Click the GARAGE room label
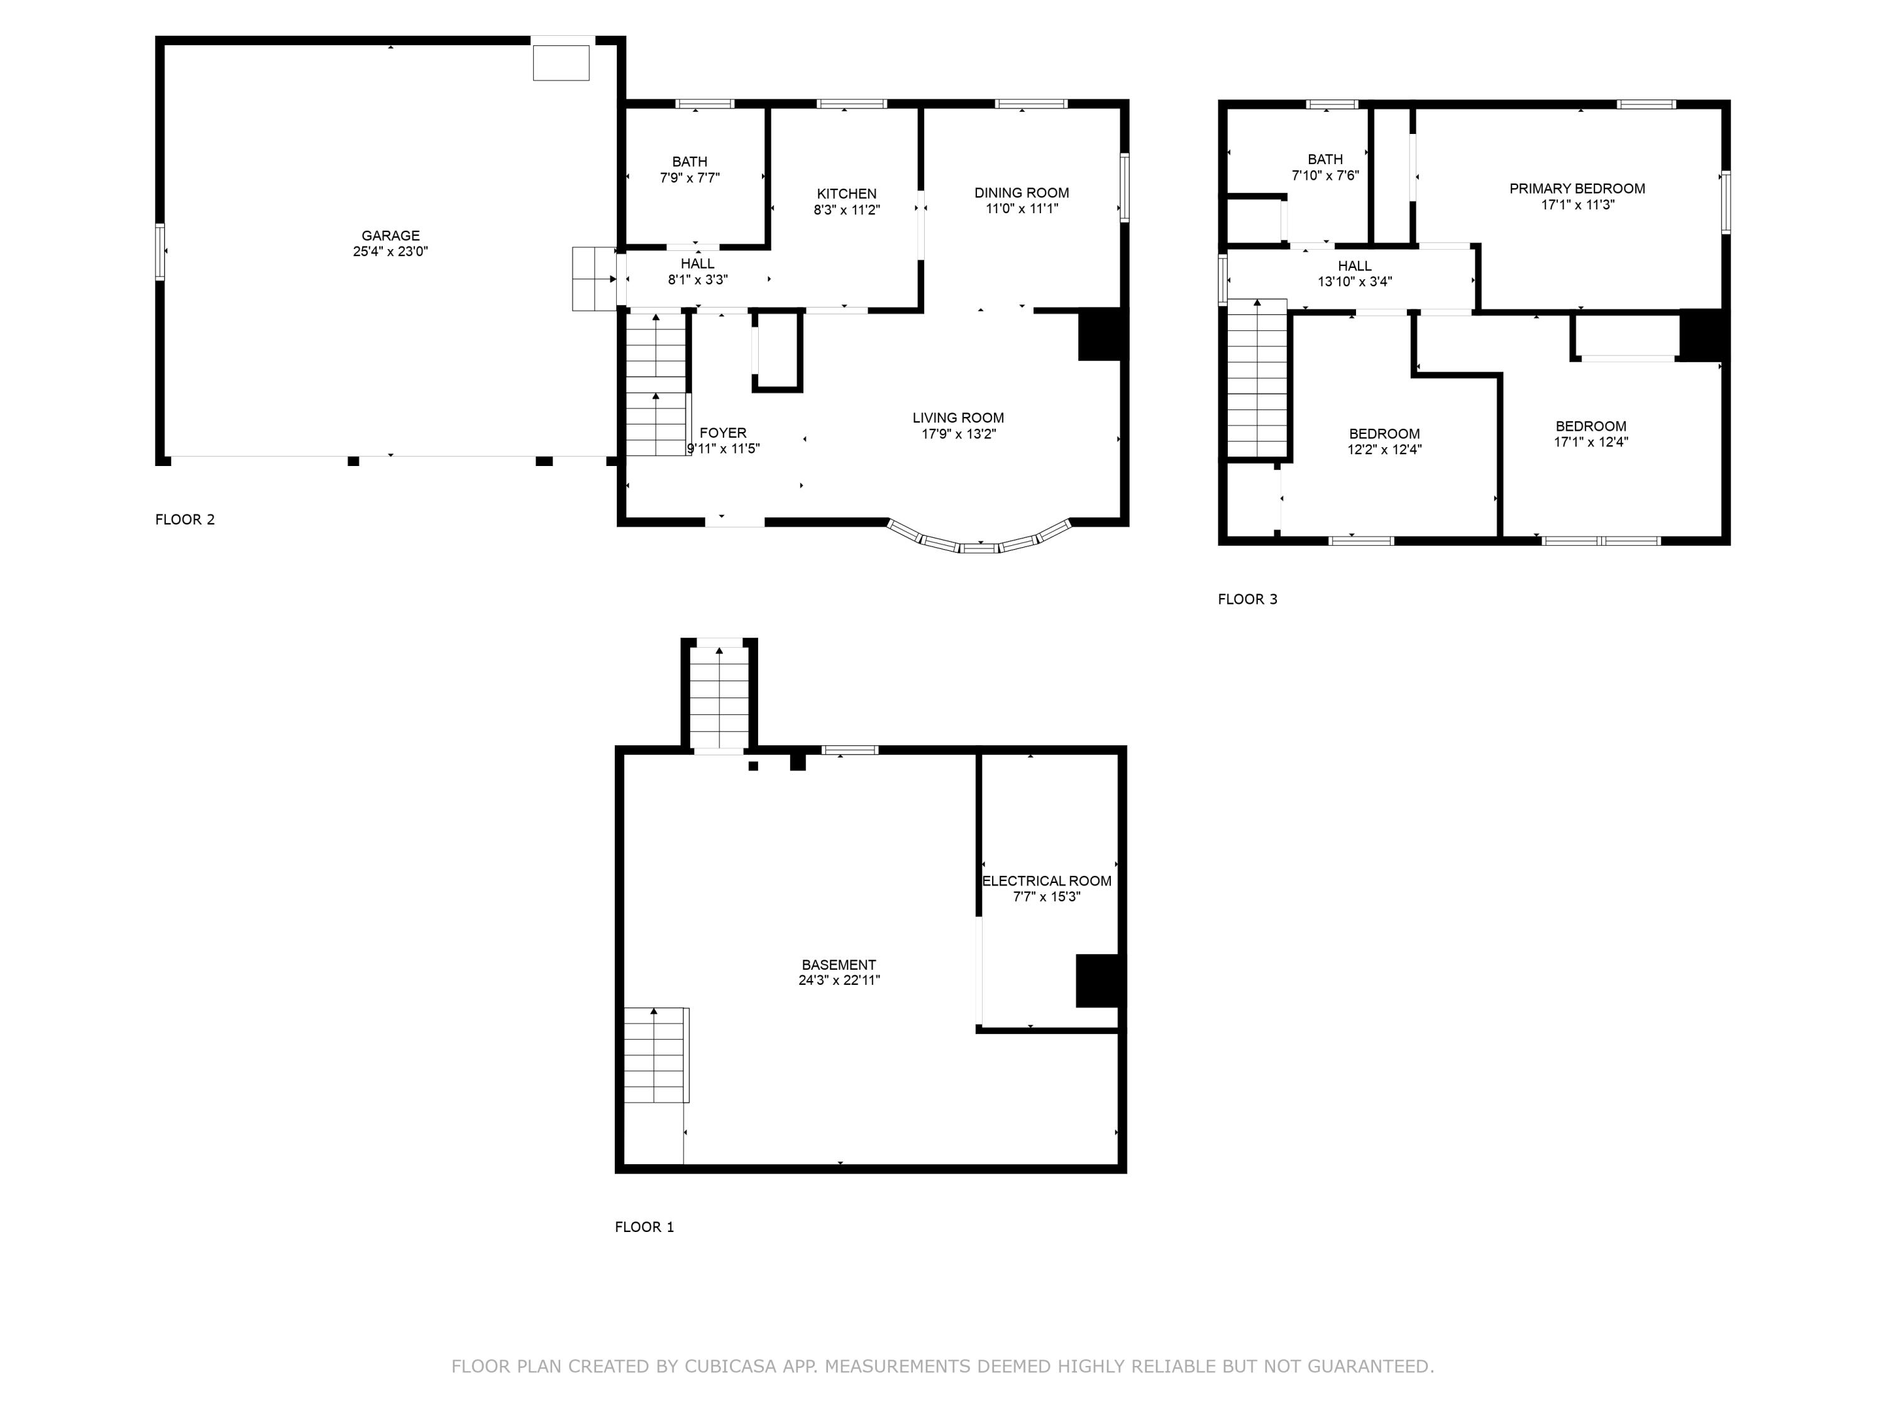pos(390,235)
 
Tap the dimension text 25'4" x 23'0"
pos(390,252)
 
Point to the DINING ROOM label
pos(1022,193)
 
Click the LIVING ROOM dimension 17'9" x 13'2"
pos(957,433)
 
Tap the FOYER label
pos(722,433)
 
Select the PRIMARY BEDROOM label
pos(1577,189)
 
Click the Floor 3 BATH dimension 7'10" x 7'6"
pos(1325,175)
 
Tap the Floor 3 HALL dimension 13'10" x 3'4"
pos(1354,282)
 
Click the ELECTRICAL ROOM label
pos(1046,881)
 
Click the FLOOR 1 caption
pos(644,1226)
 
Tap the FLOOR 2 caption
pos(184,519)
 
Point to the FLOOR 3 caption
pos(1247,599)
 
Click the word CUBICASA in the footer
pos(730,1367)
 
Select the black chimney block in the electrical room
pos(1096,980)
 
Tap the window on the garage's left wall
pos(160,251)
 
